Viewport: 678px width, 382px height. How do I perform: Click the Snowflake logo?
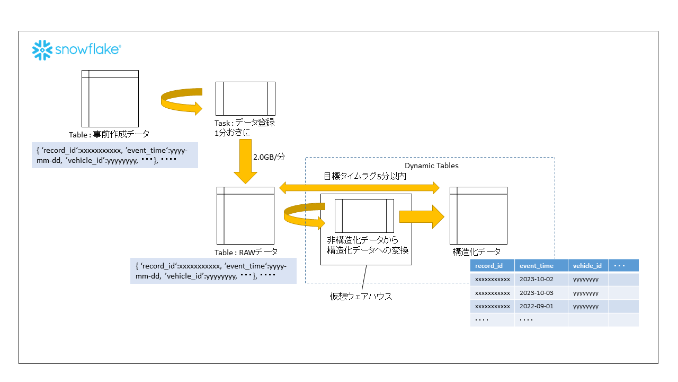[77, 50]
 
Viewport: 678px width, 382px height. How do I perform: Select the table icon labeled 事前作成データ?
[110, 99]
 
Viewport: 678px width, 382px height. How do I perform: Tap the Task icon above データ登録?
[245, 99]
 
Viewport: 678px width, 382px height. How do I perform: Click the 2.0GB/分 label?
[269, 157]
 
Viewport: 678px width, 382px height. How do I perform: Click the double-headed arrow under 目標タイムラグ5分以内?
[360, 187]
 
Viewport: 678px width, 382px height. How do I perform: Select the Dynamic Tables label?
[432, 166]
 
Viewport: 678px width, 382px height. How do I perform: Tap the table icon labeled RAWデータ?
[245, 215]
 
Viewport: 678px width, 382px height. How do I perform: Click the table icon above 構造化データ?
[478, 215]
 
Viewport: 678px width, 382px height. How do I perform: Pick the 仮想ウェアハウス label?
[361, 297]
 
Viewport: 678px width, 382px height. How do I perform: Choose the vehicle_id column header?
[588, 266]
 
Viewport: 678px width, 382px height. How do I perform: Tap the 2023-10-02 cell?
[536, 280]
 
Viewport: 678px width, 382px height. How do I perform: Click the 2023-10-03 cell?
[536, 293]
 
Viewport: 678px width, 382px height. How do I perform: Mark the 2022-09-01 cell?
[536, 307]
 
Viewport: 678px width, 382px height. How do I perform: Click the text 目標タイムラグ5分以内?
[365, 176]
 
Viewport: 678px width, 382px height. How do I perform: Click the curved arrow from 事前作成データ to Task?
[182, 101]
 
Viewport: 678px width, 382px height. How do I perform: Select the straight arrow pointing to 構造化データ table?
[422, 216]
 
